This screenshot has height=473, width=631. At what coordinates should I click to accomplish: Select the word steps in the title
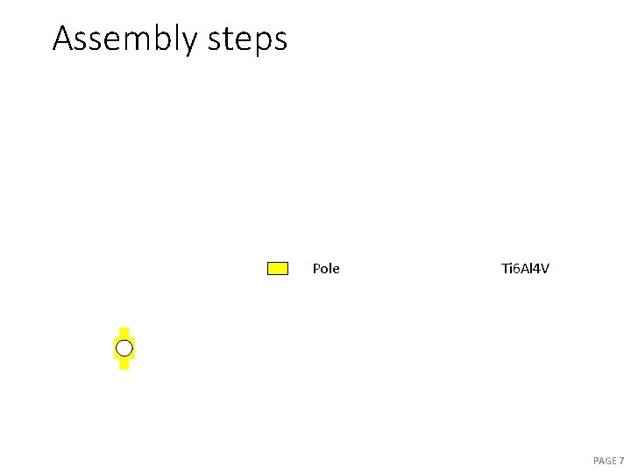click(x=248, y=39)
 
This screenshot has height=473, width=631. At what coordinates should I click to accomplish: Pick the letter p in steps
click(x=261, y=42)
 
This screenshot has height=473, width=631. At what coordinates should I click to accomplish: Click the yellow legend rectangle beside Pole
click(x=277, y=269)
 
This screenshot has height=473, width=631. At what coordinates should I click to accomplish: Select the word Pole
click(x=326, y=269)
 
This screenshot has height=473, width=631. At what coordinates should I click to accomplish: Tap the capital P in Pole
click(x=316, y=269)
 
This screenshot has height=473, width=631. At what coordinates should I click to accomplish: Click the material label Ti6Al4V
click(x=525, y=269)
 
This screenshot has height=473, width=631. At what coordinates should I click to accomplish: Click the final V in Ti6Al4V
click(x=544, y=269)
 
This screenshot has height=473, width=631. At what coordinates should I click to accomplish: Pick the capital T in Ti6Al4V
click(x=505, y=269)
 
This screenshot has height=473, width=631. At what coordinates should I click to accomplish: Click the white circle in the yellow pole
click(x=124, y=349)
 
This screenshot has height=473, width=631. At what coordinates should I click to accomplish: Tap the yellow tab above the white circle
click(x=124, y=332)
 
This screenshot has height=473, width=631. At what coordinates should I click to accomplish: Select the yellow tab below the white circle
click(x=124, y=364)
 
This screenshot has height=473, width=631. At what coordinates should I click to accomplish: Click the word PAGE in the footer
click(x=605, y=461)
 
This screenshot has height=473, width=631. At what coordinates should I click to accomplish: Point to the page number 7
click(x=621, y=461)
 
